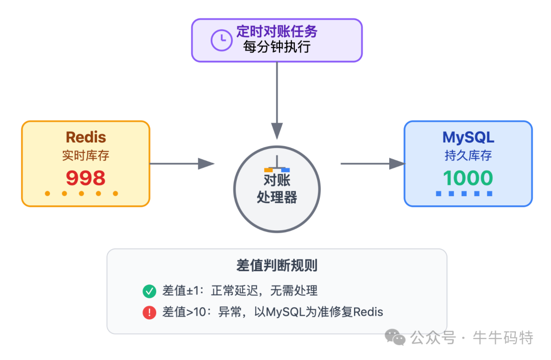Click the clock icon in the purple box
(221, 40)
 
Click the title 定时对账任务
(277, 32)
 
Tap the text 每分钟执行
(277, 47)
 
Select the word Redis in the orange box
(86, 137)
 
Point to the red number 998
(86, 178)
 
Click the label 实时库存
(86, 156)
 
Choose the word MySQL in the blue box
(468, 137)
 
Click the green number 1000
(468, 178)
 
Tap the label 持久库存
(468, 156)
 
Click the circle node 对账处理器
(277, 189)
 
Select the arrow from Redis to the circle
(182, 164)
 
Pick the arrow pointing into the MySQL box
(372, 164)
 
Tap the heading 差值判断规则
(277, 266)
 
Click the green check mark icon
(149, 292)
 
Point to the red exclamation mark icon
(149, 312)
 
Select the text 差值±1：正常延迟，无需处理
(240, 291)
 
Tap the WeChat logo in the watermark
(395, 337)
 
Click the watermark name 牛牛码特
(503, 338)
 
